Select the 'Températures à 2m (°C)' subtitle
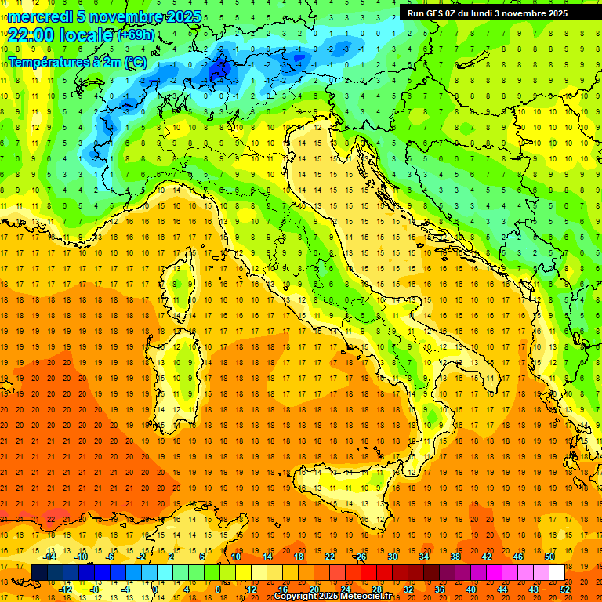click(77, 61)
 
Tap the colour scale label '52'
click(565, 589)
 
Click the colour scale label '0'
click(154, 589)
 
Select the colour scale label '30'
click(393, 556)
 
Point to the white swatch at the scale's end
click(557, 572)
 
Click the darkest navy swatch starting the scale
click(40, 572)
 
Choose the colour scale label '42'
click(487, 556)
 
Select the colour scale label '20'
click(314, 589)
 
